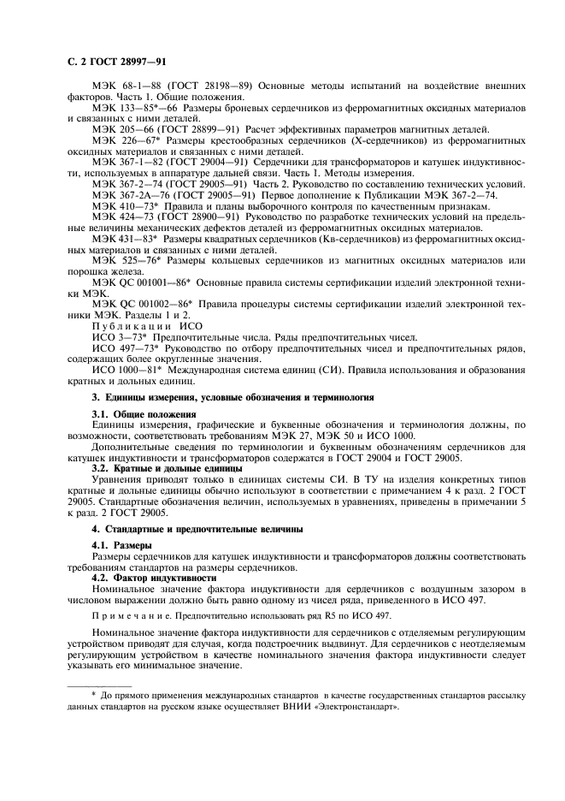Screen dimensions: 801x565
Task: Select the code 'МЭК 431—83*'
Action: click(x=125, y=239)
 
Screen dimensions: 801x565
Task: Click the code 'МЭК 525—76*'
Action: click(x=125, y=260)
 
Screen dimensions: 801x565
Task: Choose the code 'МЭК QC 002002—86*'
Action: click(x=141, y=305)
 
